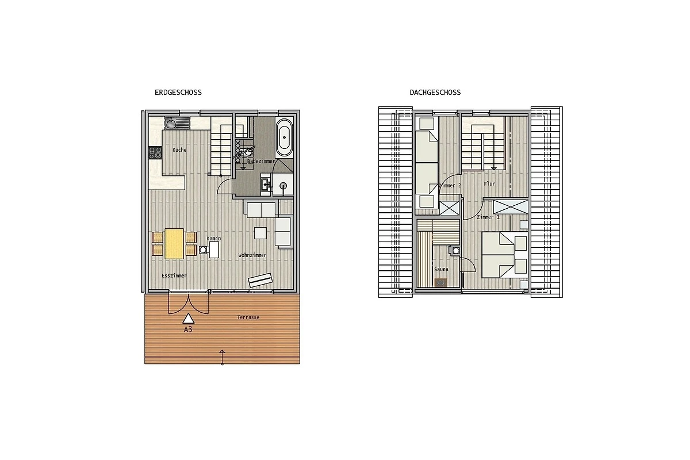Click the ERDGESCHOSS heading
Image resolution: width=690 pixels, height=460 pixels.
[178, 93]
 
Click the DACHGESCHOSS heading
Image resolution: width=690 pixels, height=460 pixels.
[435, 93]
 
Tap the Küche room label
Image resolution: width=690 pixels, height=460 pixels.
[179, 150]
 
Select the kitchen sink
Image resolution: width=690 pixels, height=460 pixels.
[177, 123]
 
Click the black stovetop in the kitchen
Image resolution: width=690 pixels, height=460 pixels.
[155, 152]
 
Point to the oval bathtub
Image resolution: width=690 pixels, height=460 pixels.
[284, 137]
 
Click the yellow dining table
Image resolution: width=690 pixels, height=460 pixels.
[174, 243]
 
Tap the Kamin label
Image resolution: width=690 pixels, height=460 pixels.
[214, 238]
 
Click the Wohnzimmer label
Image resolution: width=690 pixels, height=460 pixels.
[252, 255]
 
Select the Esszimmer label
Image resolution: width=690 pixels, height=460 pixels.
[174, 275]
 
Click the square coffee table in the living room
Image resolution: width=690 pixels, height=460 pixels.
[260, 233]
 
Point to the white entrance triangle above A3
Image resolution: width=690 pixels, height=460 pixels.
[189, 319]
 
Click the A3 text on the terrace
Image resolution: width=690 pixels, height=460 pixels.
[188, 329]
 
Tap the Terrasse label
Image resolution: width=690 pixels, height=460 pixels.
[248, 317]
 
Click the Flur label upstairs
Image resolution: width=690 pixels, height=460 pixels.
[489, 184]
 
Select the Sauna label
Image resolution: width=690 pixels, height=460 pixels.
[441, 269]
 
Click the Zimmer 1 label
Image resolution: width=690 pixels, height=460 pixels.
[488, 217]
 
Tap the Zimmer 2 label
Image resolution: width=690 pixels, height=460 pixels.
[450, 186]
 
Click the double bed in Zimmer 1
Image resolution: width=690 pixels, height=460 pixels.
[505, 255]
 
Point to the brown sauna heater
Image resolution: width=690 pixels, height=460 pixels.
[441, 282]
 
